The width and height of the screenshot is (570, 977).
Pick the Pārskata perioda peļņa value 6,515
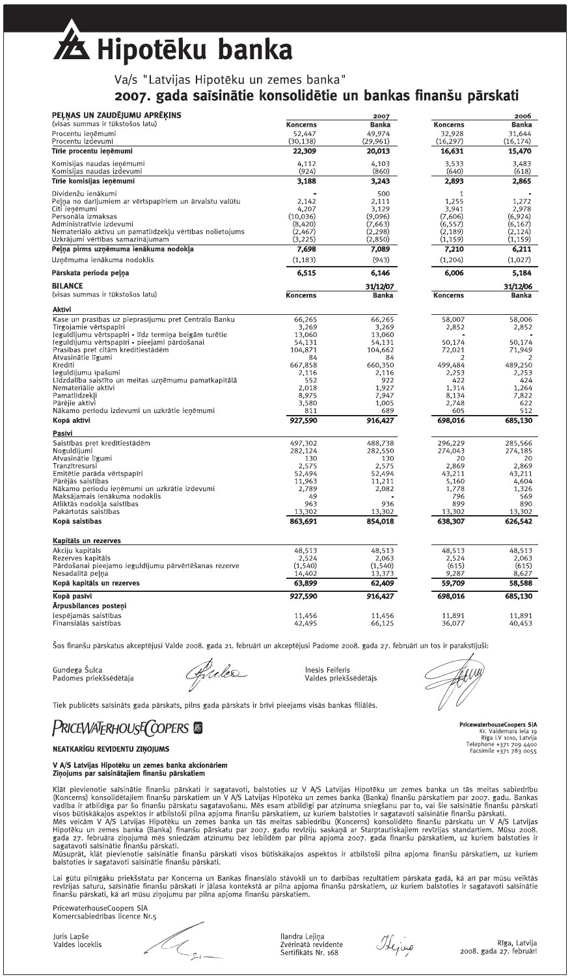[x=305, y=274]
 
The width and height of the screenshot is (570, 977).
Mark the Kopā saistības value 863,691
[x=301, y=522]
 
